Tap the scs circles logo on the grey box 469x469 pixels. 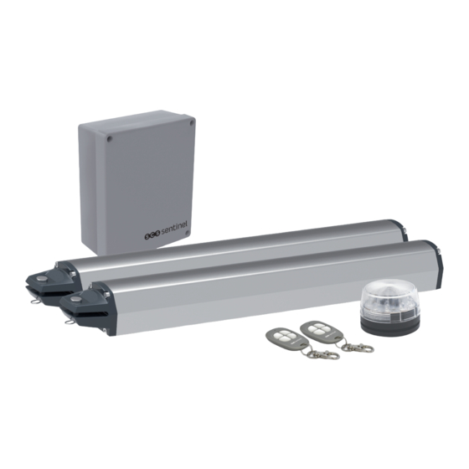click(x=152, y=235)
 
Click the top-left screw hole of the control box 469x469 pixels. click(x=110, y=139)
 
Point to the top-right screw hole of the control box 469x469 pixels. click(x=191, y=122)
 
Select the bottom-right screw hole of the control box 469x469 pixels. click(x=188, y=233)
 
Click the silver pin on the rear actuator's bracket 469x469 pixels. click(x=43, y=279)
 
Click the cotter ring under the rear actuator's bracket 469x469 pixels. click(x=34, y=301)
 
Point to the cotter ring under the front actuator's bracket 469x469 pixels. click(x=69, y=322)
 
